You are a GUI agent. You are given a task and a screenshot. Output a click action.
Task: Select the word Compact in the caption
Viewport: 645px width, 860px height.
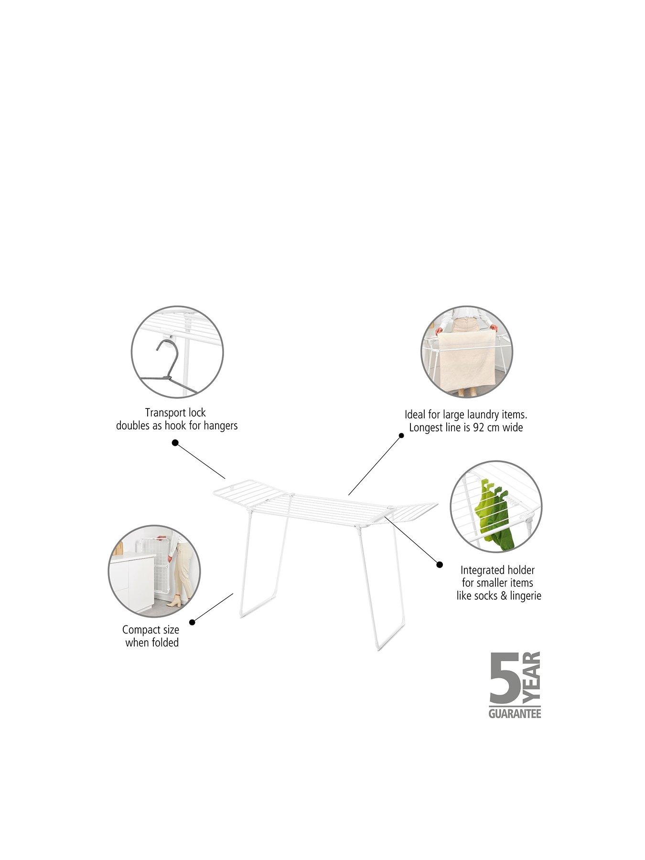139,630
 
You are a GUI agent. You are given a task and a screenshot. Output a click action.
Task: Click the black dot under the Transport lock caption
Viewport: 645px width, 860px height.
175,443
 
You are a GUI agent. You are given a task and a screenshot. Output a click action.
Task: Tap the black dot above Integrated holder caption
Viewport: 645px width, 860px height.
440,564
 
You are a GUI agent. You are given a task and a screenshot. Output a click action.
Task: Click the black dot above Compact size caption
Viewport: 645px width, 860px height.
192,622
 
